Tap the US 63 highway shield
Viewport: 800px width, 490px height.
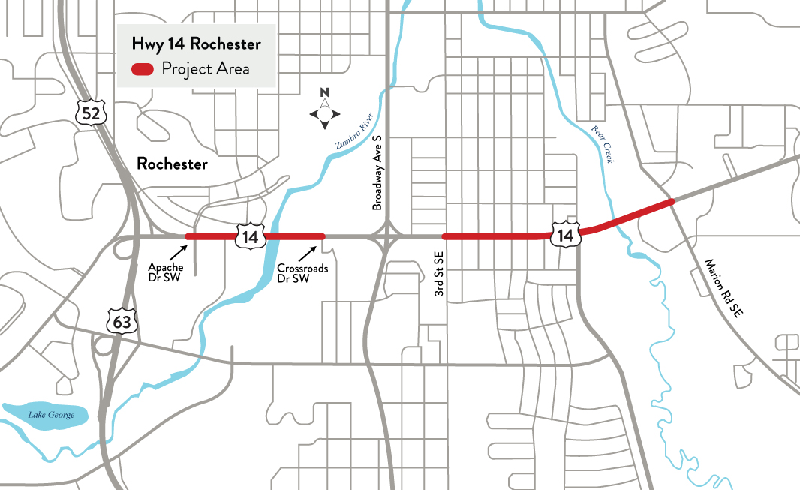click(121, 322)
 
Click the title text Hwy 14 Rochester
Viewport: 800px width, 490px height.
click(196, 44)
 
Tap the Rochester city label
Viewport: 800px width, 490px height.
click(172, 164)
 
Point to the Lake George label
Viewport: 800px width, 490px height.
click(47, 415)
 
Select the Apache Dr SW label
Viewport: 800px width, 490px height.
click(161, 272)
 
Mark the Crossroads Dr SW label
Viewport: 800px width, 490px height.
click(296, 272)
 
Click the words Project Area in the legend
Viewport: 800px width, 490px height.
click(206, 69)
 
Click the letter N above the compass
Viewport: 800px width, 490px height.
click(325, 93)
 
